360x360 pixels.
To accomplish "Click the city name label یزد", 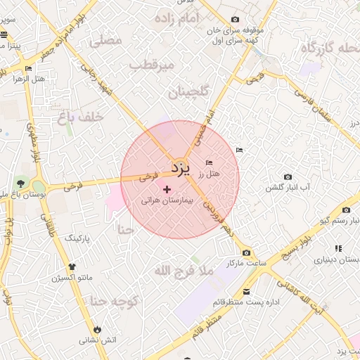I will coord(181,168).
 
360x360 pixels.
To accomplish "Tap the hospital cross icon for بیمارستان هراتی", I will coord(167,189).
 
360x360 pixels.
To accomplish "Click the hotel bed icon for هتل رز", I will coord(209,163).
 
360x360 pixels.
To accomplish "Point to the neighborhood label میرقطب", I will coord(151,65).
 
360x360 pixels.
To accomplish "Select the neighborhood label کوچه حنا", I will coord(112,302).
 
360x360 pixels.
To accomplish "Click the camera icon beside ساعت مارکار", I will coord(246,252).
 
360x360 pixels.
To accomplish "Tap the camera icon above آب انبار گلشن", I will coord(288,177).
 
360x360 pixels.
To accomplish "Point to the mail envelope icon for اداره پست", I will coord(246,292).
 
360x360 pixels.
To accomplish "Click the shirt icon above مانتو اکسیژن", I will coord(72,266).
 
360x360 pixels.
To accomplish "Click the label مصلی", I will coord(108,41).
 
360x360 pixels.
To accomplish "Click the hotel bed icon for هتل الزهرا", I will coord(29,69).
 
